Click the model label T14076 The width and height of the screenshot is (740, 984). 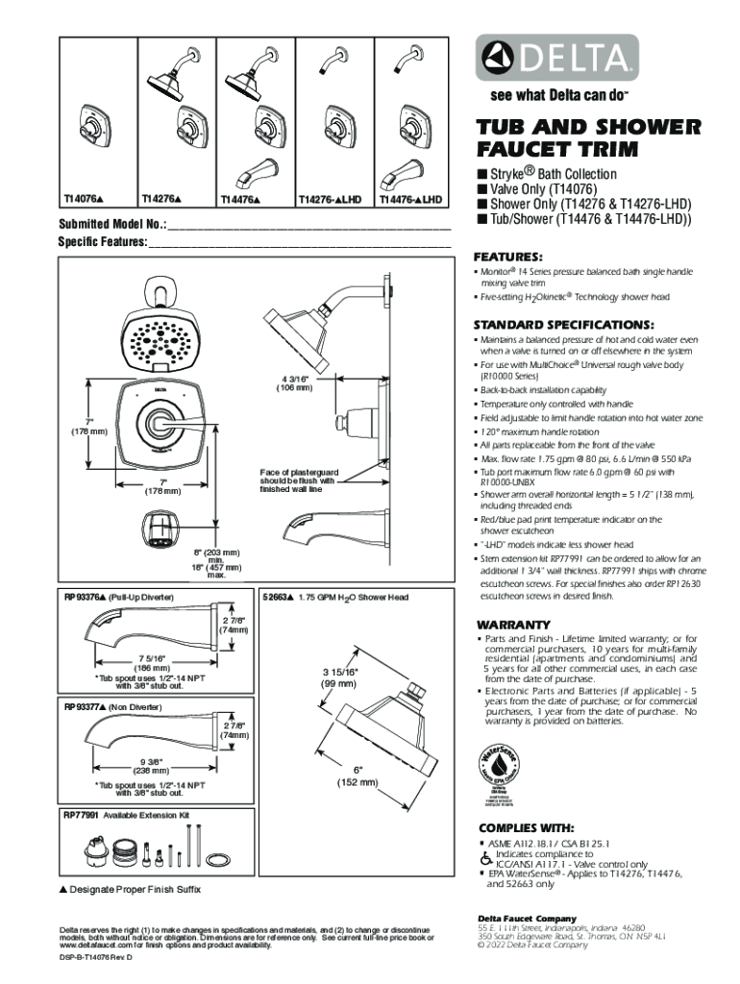click(84, 199)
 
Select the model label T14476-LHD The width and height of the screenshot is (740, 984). click(410, 199)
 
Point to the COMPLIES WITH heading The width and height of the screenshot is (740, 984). click(527, 827)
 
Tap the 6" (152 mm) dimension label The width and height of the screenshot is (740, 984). click(358, 776)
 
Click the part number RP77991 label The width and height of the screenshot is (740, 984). click(83, 815)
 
